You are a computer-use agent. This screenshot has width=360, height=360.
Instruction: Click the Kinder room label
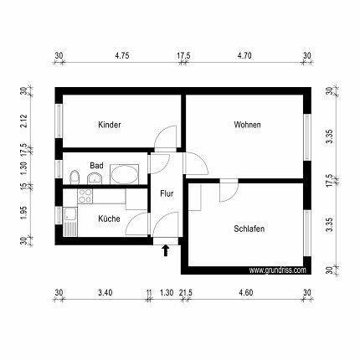point(110,125)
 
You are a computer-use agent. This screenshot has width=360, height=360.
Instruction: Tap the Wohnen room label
point(248,125)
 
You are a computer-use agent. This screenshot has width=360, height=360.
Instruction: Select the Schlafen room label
point(249,229)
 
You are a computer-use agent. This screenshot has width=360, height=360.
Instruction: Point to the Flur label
point(167,193)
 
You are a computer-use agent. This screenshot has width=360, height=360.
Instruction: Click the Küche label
point(109,219)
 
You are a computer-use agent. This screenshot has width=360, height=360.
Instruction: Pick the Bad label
point(96,166)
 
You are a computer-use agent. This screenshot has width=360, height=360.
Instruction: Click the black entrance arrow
point(166,250)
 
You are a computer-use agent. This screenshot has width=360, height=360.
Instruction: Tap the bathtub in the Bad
point(125,174)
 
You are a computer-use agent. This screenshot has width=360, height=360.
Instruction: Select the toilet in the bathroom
point(75,177)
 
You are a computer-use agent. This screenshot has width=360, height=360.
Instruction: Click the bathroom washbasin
point(95,178)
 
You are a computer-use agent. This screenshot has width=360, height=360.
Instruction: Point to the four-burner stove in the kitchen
point(85,196)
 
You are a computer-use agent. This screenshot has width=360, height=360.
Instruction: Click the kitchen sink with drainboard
point(70,222)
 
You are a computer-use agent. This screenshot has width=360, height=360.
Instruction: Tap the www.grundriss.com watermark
point(277,270)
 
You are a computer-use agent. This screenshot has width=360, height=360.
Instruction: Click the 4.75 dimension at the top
point(122,55)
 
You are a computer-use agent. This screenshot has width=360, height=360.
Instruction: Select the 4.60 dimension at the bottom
point(246,293)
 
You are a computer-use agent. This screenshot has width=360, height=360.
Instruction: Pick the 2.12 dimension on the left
point(24,121)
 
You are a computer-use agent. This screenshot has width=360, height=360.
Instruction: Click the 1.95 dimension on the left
point(24,213)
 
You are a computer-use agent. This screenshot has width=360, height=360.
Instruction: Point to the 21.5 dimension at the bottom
point(186,293)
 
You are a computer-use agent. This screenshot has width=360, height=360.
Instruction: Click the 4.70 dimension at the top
point(244,55)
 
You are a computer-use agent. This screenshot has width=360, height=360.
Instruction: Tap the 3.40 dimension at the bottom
point(105,293)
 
